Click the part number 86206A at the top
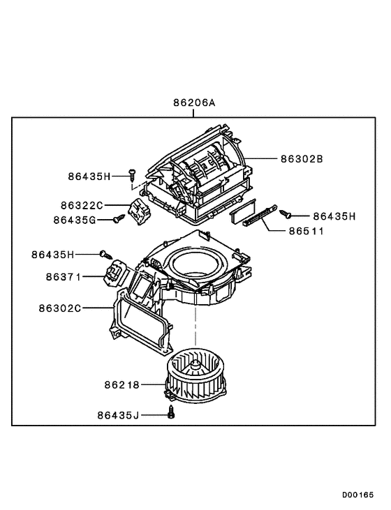click(195, 103)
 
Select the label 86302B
click(302, 158)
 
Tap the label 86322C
click(81, 205)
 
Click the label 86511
click(307, 230)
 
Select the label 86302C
click(59, 307)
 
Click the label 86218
click(122, 384)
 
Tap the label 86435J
click(119, 415)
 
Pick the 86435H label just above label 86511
click(334, 216)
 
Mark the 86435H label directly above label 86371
click(52, 255)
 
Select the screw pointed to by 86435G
click(118, 219)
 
